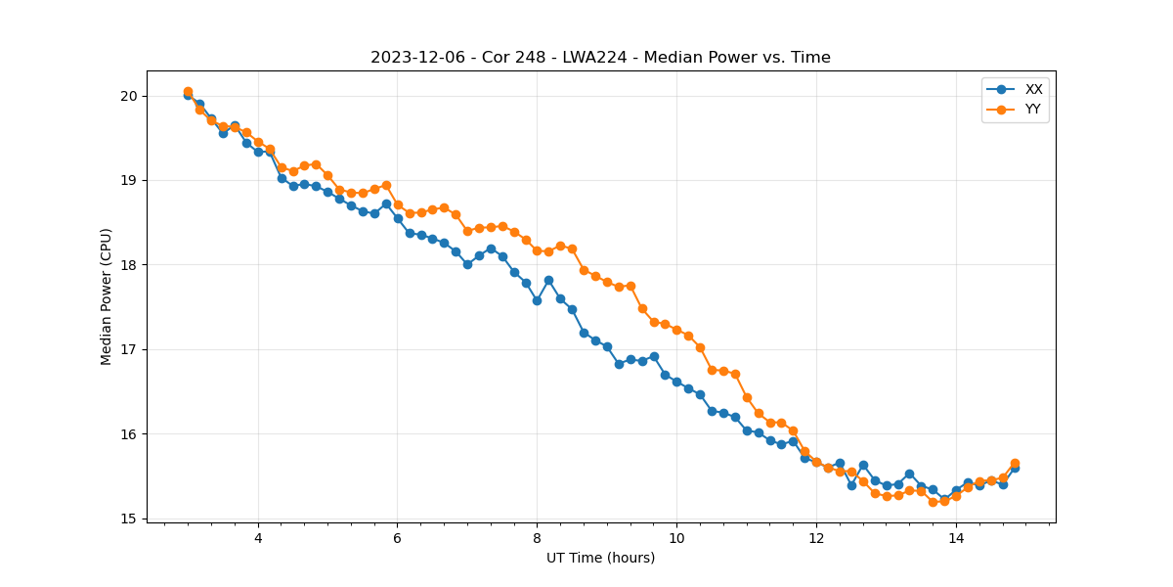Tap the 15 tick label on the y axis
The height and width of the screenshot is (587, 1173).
pyautogui.click(x=128, y=519)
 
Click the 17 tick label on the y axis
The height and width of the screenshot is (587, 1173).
pyautogui.click(x=128, y=349)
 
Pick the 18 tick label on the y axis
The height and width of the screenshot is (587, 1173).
pyautogui.click(x=128, y=265)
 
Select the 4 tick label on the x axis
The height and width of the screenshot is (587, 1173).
pyautogui.click(x=258, y=538)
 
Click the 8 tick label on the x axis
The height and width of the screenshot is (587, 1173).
pyautogui.click(x=537, y=538)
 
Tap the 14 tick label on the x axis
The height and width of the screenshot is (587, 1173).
pyautogui.click(x=955, y=538)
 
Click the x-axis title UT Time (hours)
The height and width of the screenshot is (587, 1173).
pyautogui.click(x=600, y=558)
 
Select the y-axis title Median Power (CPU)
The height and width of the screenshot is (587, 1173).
pyautogui.click(x=107, y=296)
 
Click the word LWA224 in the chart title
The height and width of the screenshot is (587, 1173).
pyautogui.click(x=594, y=58)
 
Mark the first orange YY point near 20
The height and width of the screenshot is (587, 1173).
pyautogui.click(x=188, y=92)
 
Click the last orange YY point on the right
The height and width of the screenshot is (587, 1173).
pyautogui.click(x=1015, y=463)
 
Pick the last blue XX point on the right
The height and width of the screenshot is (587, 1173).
pyautogui.click(x=1015, y=468)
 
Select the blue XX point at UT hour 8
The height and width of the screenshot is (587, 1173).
pyautogui.click(x=537, y=300)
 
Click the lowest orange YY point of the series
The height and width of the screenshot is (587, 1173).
pyautogui.click(x=933, y=502)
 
